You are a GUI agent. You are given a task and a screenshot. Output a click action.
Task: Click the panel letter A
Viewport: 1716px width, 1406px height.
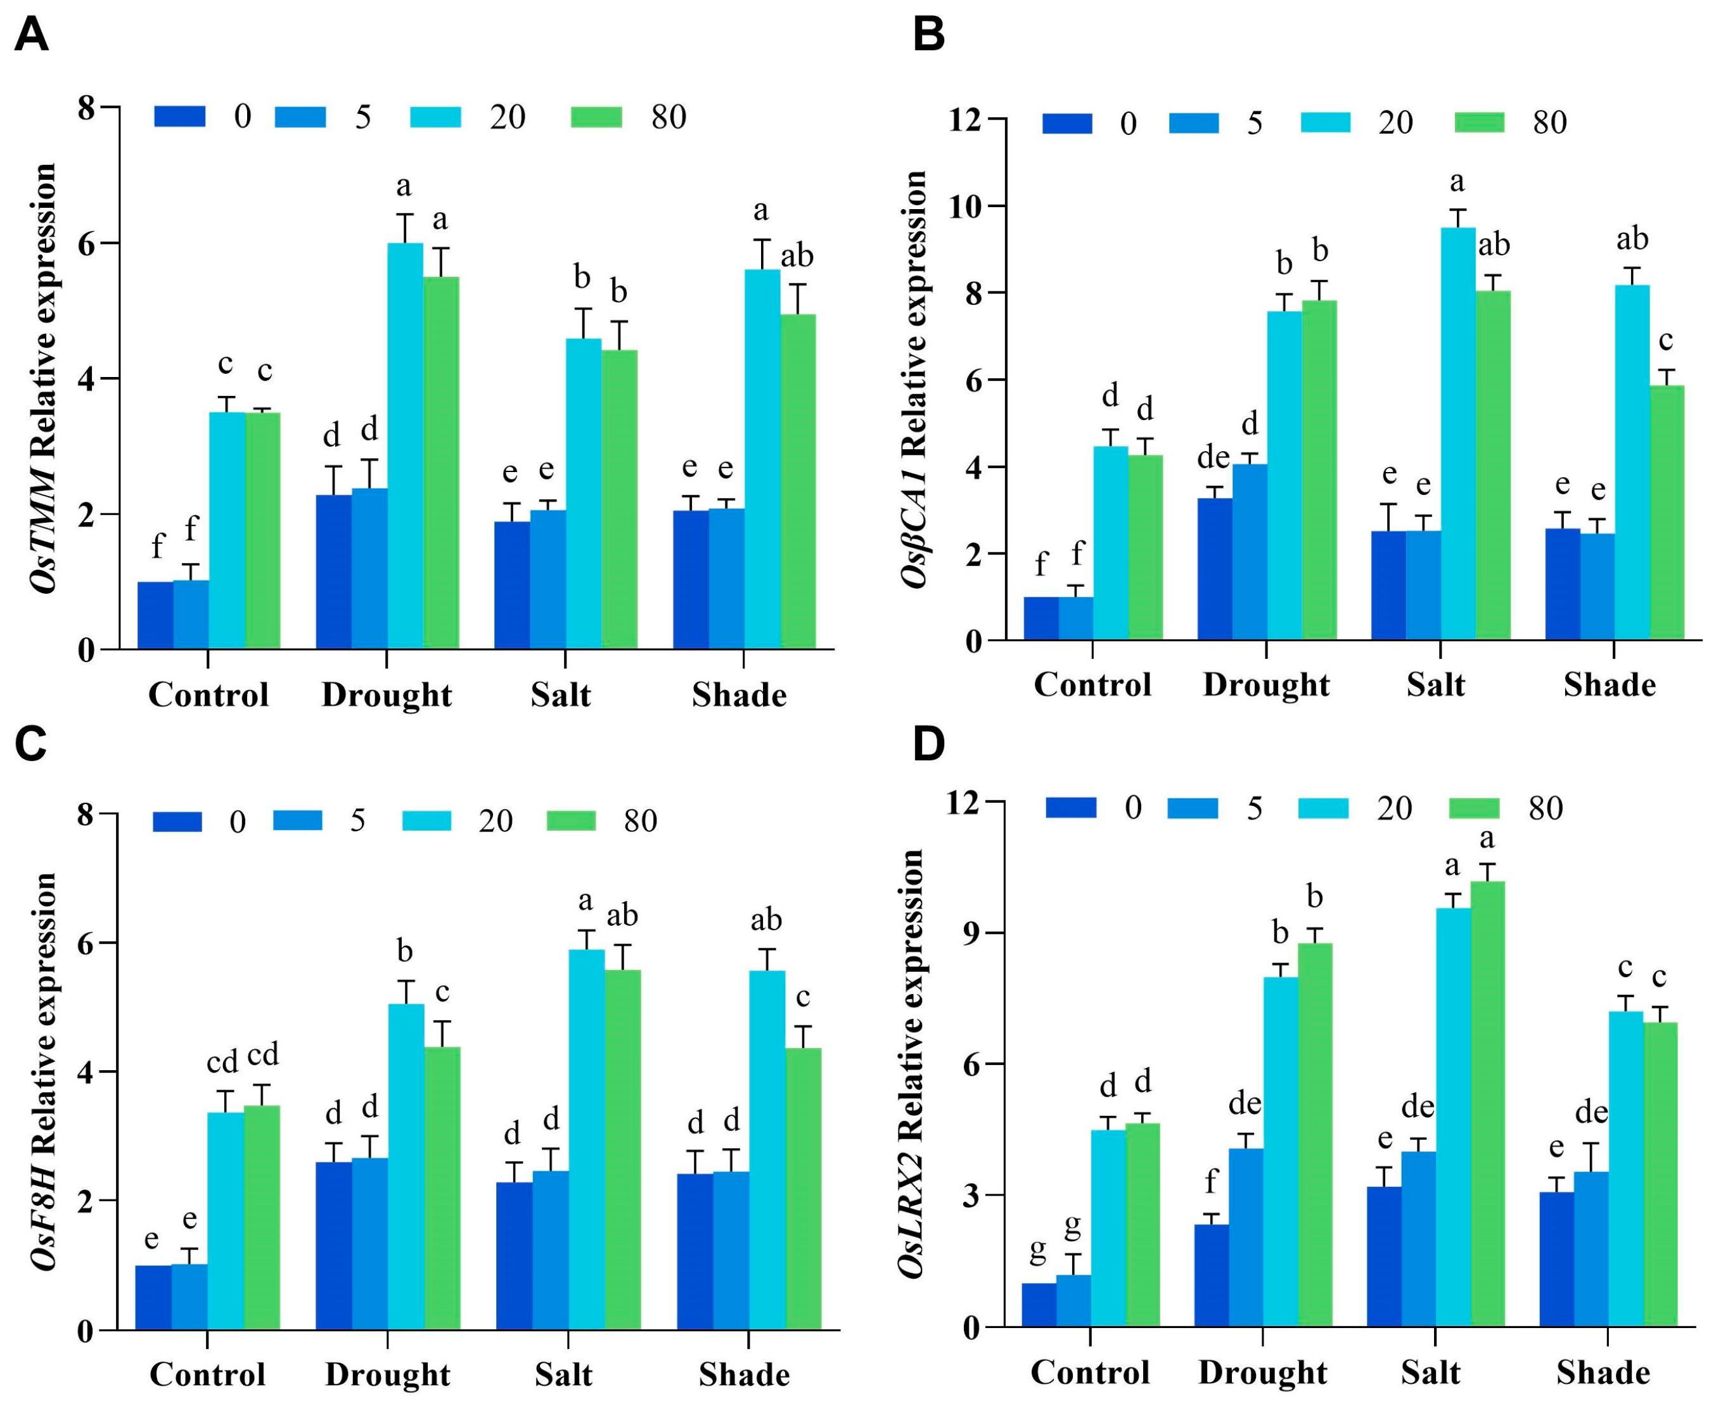click(32, 35)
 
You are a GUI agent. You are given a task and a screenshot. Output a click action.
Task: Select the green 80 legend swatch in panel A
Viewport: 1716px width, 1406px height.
click(596, 117)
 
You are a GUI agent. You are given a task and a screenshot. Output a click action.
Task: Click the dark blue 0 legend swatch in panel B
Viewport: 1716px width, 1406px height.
click(1066, 123)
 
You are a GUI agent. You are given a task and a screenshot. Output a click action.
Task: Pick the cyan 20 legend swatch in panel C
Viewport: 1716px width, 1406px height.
click(426, 821)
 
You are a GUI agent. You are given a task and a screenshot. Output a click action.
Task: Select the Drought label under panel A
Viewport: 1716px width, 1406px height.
click(387, 695)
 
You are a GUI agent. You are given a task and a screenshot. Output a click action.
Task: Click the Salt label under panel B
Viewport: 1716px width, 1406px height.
click(1435, 685)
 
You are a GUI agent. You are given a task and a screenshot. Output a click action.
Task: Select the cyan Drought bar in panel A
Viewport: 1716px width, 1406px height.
click(404, 445)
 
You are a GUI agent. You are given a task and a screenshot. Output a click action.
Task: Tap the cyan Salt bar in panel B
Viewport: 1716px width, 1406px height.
click(1457, 433)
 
